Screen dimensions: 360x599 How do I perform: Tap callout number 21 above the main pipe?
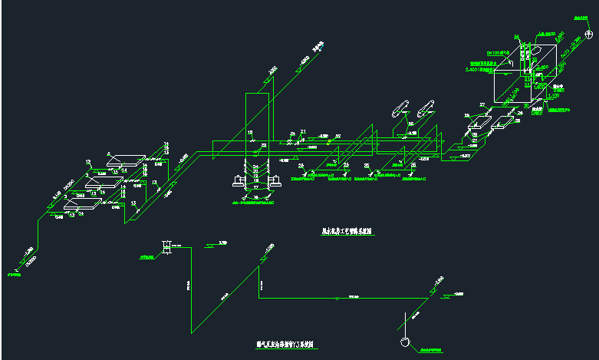303,132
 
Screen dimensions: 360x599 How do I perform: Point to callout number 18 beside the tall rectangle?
250,133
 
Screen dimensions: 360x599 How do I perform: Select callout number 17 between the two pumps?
256,187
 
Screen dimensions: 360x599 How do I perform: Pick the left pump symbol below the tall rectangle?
238,181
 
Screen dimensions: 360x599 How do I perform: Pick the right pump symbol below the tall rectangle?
274,181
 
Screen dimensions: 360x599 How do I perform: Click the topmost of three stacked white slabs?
127,162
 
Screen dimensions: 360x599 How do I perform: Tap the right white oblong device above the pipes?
424,107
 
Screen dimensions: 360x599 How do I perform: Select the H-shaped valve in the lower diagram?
165,246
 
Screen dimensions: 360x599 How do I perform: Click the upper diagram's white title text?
347,230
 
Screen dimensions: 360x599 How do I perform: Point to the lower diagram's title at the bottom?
287,345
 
